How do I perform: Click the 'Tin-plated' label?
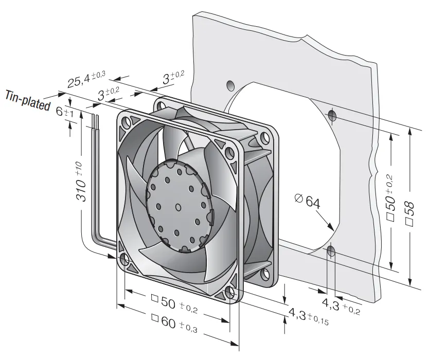[x=28, y=100]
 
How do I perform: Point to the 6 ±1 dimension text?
[x=65, y=112]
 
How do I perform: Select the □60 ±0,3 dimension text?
[x=174, y=323]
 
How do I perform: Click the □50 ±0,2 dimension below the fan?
[x=174, y=304]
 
